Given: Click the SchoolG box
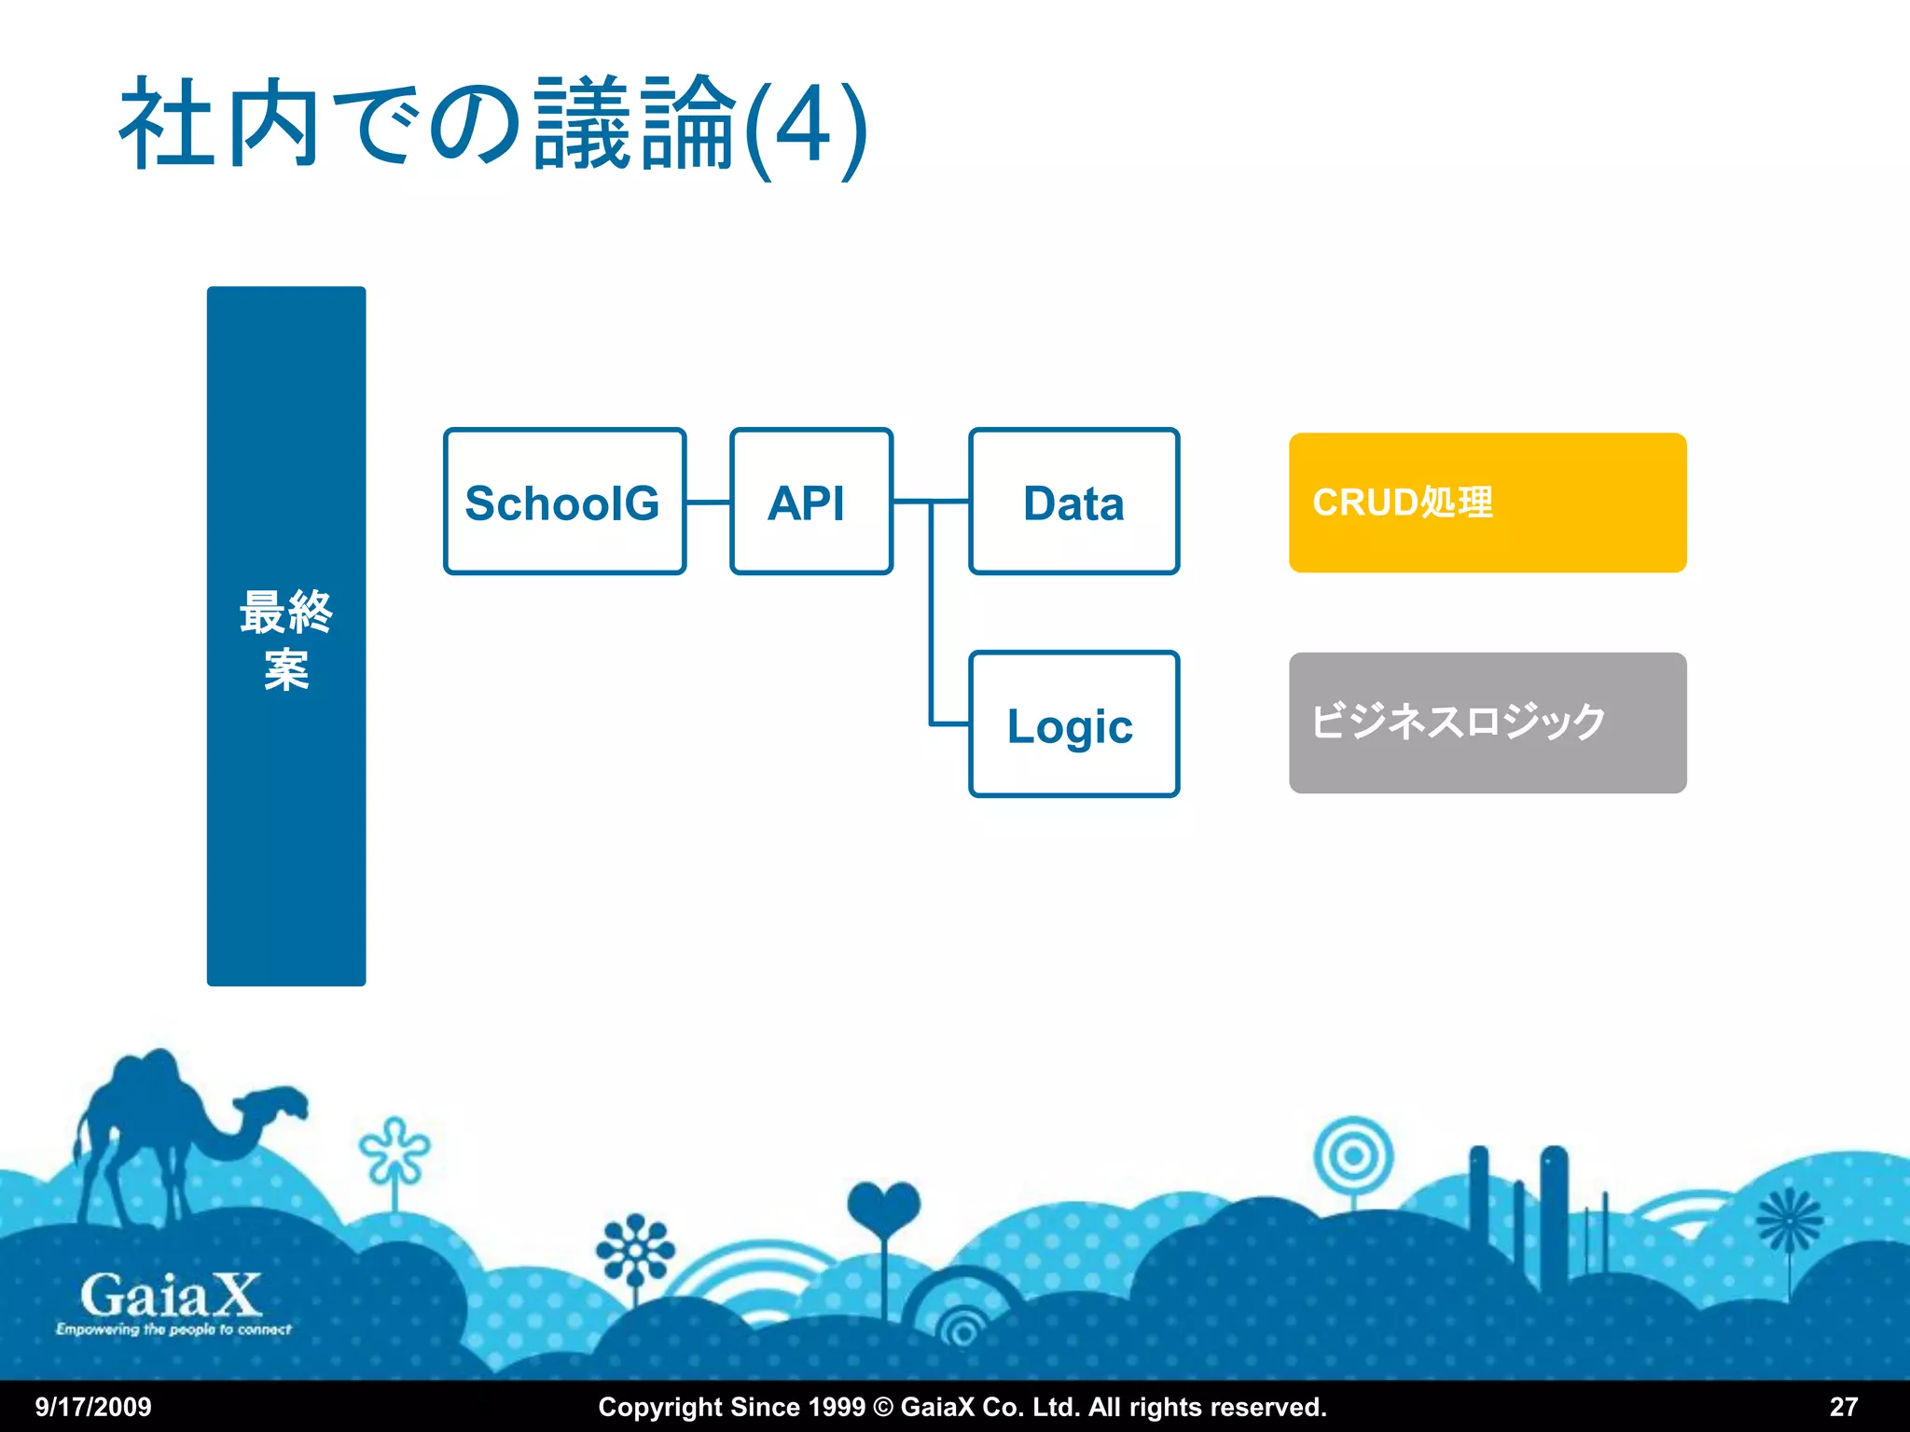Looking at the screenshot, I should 564,502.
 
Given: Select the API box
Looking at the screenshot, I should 810,502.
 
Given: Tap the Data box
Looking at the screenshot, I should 1073,502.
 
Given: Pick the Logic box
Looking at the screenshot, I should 1073,724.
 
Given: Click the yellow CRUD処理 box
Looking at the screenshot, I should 1487,503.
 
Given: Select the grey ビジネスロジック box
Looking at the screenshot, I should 1487,723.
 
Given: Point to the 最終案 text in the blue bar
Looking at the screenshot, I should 286,640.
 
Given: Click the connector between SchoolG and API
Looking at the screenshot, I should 709,503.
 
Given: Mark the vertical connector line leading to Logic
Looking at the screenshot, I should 931,615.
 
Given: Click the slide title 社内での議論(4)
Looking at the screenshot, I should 494,126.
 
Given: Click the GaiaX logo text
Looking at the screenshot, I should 171,1296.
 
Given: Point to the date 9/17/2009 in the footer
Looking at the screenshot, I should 93,1407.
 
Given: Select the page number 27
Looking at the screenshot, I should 1843,1407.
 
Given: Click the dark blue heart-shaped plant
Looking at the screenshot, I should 883,1207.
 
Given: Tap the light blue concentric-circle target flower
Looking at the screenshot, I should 1353,1157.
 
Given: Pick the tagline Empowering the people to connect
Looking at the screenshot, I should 173,1329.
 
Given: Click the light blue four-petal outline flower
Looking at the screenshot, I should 394,1150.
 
